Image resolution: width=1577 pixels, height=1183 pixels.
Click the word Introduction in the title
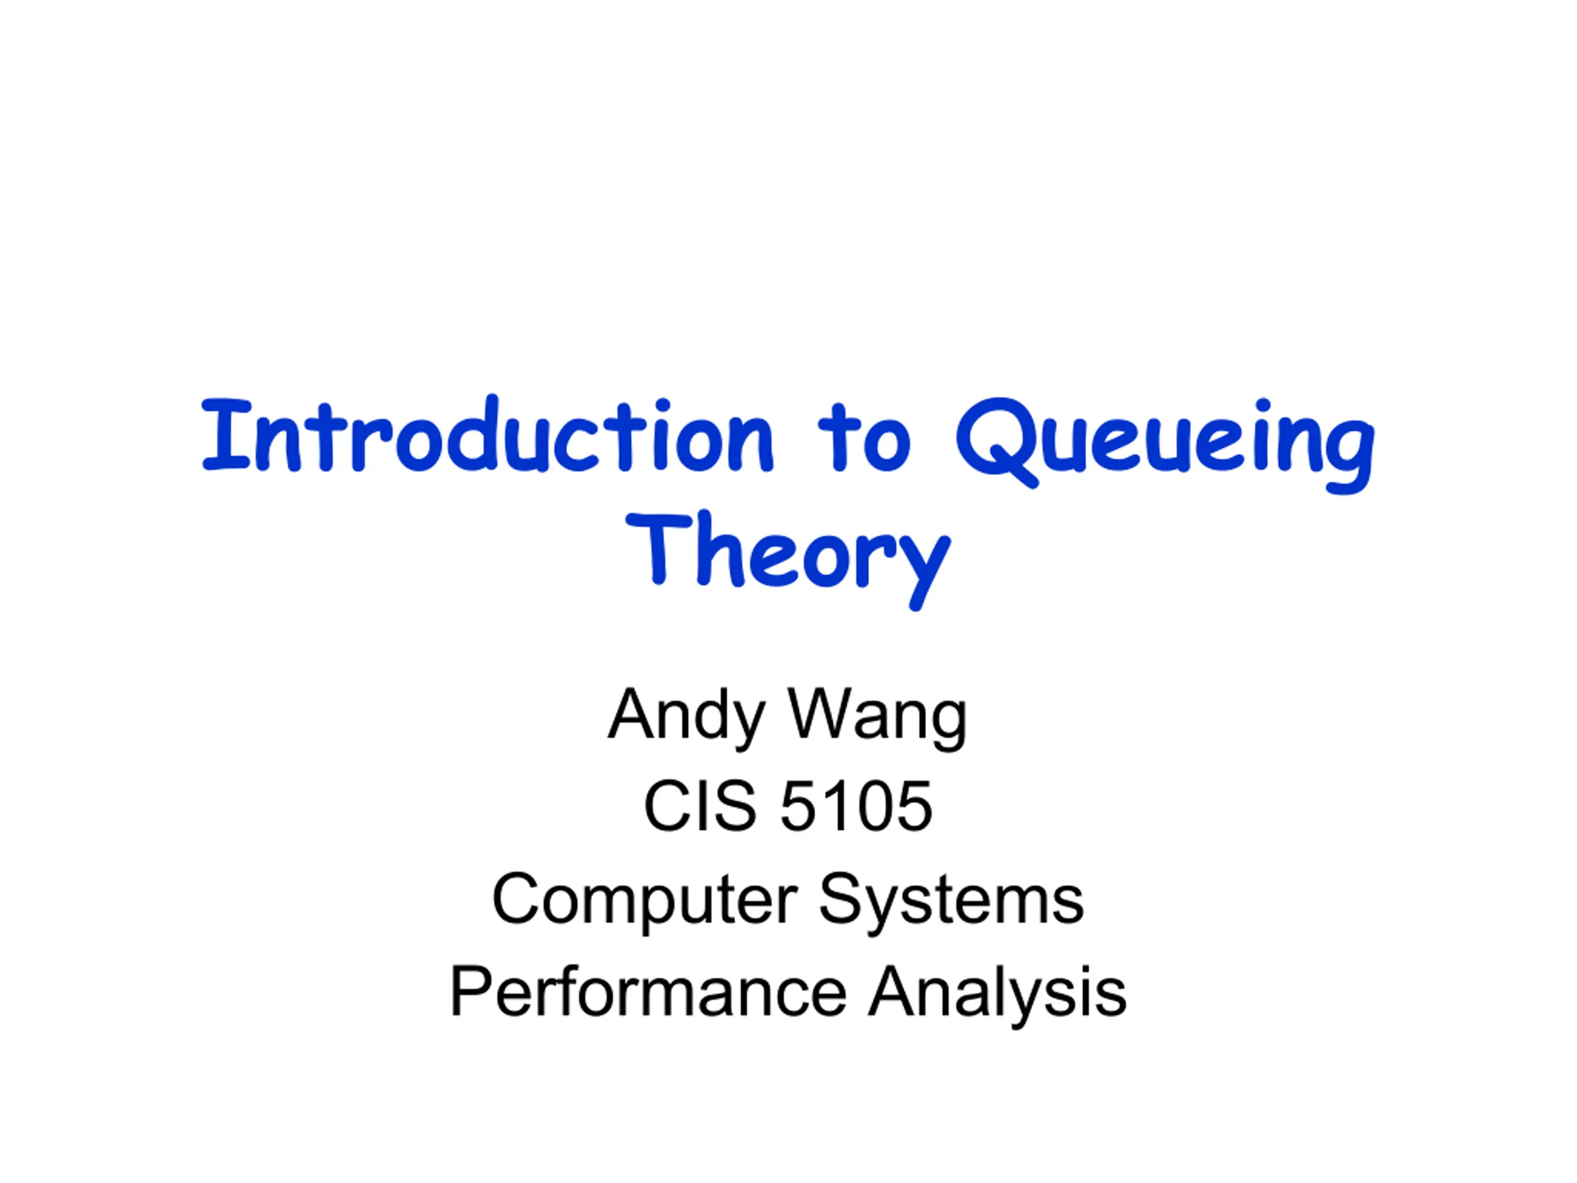(489, 434)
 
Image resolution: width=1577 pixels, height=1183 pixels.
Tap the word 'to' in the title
(864, 436)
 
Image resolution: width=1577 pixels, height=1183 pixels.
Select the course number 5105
(856, 806)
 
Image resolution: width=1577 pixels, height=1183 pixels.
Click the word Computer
(644, 901)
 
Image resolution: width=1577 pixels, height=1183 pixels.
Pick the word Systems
(951, 901)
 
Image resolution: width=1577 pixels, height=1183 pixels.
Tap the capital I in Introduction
(227, 435)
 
